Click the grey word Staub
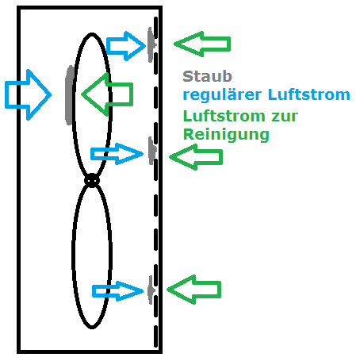coord(207,76)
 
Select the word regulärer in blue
coord(222,95)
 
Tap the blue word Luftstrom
coord(308,94)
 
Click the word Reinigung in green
coord(226,135)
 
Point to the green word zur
coord(285,117)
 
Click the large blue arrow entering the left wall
coord(28,94)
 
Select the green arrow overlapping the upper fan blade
coord(107,94)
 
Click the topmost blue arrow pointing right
coord(126,46)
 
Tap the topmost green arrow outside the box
coord(202,44)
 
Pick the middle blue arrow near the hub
coord(117,154)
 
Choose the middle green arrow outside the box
coord(196,157)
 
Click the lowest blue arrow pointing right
coord(117,291)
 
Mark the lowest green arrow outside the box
coord(193,290)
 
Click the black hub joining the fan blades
coord(92,181)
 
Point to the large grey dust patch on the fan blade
coord(70,95)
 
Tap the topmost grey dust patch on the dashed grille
coord(151,44)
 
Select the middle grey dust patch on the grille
coord(151,151)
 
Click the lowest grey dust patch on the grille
coord(151,290)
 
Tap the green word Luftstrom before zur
coord(224,116)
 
